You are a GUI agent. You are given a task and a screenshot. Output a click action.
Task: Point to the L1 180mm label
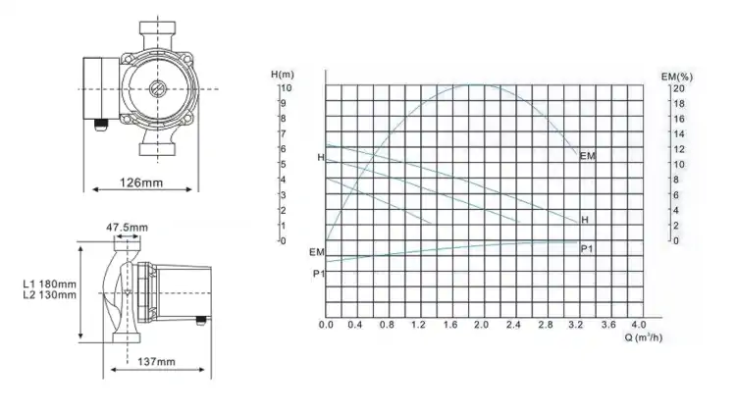[48, 285]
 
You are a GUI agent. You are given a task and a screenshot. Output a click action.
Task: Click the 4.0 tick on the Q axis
[638, 324]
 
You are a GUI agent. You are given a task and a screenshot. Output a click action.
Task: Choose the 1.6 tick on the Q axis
[450, 324]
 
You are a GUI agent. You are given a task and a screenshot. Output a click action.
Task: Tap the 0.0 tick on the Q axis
[327, 324]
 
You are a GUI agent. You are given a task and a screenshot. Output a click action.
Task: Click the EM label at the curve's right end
[588, 156]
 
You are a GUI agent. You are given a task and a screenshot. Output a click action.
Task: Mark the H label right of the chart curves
[585, 219]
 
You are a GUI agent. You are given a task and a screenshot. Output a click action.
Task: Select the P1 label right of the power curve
[587, 249]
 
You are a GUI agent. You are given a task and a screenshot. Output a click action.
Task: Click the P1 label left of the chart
[317, 272]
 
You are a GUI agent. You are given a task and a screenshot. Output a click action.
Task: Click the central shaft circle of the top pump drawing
[158, 88]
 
